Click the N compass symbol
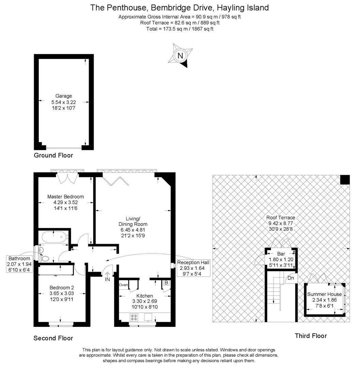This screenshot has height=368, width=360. (180, 56)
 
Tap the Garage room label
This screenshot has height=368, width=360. (63, 96)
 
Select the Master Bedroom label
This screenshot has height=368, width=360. (65, 197)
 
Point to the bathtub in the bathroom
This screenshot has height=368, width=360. (54, 237)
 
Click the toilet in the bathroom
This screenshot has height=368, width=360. (45, 258)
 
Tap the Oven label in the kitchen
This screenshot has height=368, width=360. (123, 285)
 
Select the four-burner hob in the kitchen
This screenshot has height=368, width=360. (134, 317)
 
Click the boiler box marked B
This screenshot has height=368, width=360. (166, 283)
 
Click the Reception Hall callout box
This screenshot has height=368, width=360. (193, 268)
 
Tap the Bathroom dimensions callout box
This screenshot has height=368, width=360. (19, 264)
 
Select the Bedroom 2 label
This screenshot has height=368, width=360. (61, 288)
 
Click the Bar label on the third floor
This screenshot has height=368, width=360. (281, 254)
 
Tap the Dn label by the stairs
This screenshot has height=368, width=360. (291, 278)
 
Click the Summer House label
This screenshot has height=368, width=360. (324, 294)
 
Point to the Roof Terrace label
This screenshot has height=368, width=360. (281, 217)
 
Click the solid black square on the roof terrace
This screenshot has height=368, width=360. (345, 180)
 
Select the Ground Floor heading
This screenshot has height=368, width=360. (53, 155)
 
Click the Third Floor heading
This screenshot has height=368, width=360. (311, 336)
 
